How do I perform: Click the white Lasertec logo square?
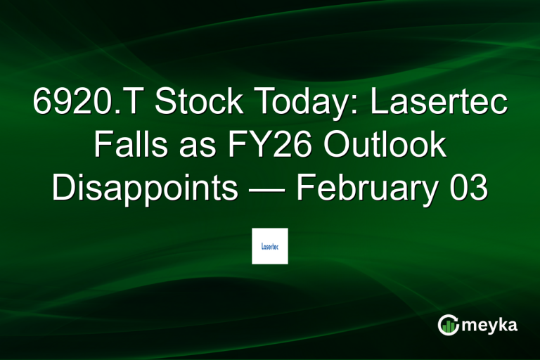tap(270, 246)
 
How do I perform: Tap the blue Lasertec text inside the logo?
tap(270, 247)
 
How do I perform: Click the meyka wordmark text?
tap(493, 324)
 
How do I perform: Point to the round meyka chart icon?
tap(448, 324)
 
